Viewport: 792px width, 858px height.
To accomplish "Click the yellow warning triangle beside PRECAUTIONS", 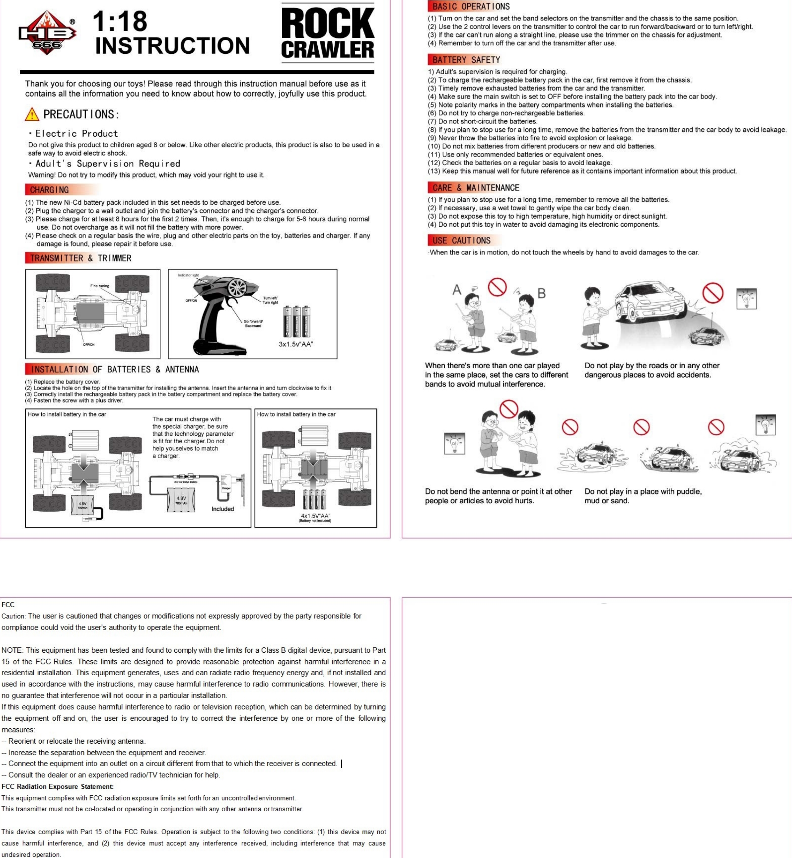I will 32,114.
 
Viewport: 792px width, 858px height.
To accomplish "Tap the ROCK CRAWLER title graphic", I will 328,33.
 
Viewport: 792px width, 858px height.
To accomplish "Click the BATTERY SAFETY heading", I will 466,60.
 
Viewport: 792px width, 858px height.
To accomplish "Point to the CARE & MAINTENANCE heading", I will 475,188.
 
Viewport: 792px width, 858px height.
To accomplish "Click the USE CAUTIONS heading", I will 461,241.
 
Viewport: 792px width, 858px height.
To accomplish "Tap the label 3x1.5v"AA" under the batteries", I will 296,344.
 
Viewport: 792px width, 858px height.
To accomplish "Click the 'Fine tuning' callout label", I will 99,286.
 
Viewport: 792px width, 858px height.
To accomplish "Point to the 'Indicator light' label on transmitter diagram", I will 188,275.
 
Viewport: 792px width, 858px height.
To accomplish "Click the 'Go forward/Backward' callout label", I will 253,323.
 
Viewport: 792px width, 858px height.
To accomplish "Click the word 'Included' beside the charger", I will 222,509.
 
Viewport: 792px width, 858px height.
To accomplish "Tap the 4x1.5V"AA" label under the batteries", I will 315,516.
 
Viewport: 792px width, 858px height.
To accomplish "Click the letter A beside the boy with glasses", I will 457,290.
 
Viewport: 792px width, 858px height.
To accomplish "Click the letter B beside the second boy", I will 542,294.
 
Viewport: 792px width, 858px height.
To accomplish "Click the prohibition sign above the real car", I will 713,293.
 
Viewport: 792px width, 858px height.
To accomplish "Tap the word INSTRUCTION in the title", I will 172,46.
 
